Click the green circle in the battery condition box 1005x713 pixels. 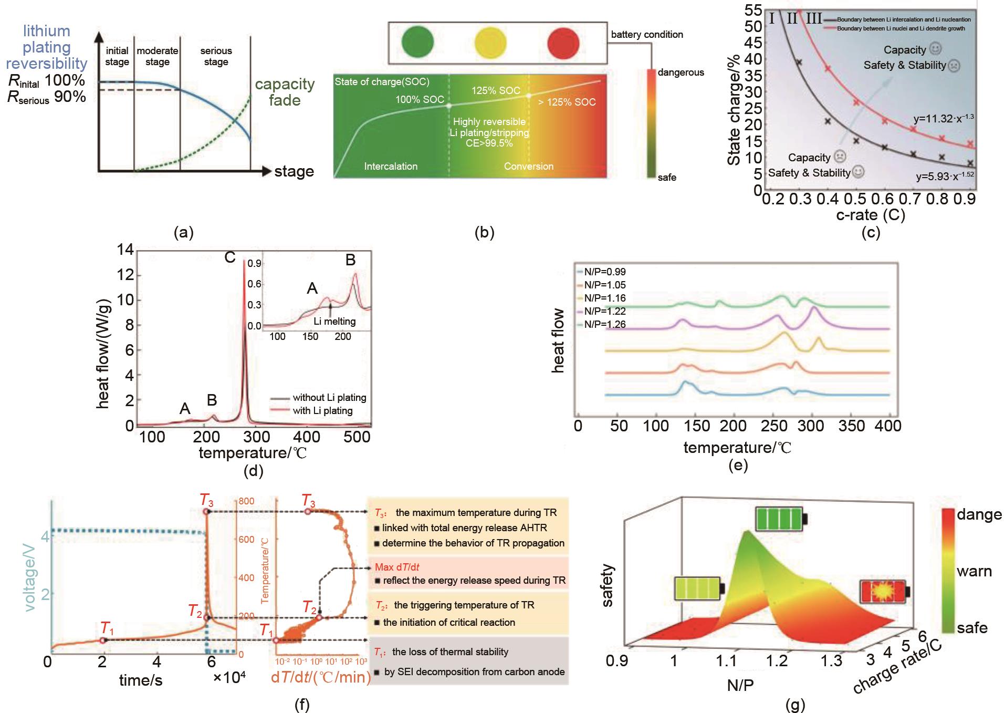point(417,43)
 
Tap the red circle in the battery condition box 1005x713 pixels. point(563,43)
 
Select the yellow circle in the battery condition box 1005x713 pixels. point(490,43)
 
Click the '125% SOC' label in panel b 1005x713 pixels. point(495,90)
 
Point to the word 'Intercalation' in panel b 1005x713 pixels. point(391,166)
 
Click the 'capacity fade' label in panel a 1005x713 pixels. point(285,92)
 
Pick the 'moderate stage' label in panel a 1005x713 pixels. point(158,56)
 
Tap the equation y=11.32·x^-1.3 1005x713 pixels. point(943,118)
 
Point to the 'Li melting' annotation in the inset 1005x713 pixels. point(334,321)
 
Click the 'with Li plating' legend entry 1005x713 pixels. point(322,410)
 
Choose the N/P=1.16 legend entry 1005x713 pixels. point(604,298)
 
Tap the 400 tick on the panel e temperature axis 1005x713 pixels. point(888,426)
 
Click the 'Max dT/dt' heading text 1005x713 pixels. point(397,567)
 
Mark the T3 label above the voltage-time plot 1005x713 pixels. point(206,500)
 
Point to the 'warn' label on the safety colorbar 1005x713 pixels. point(974,571)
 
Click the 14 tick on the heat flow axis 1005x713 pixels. point(125,250)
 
